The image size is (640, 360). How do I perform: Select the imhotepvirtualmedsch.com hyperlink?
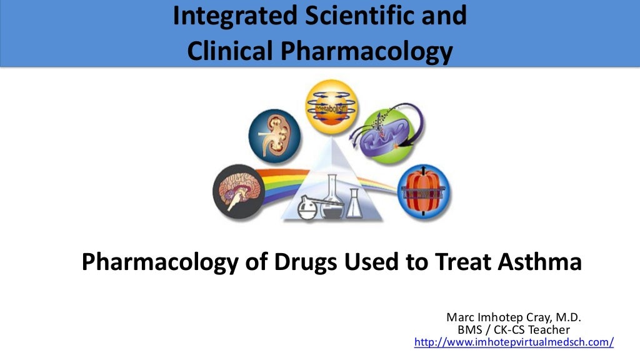pos(514,342)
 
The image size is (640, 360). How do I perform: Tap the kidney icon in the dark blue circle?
pos(275,134)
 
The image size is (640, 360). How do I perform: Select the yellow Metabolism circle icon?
pos(331,106)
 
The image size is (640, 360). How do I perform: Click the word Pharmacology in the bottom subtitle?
pos(159,261)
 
